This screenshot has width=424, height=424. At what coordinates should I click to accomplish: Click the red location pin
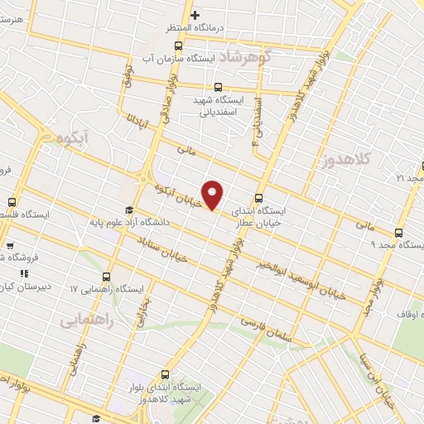(213, 195)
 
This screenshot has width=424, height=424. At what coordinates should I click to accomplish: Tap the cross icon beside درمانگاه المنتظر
(195, 15)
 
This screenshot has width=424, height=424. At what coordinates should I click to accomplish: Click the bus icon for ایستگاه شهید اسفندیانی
(218, 87)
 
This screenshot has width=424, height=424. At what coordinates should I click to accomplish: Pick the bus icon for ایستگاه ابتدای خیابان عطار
(260, 198)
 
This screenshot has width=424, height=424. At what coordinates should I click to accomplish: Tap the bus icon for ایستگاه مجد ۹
(399, 233)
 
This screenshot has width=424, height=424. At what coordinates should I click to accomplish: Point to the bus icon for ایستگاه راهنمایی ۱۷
(107, 277)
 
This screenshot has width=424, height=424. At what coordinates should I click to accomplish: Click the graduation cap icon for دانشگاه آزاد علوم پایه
(128, 210)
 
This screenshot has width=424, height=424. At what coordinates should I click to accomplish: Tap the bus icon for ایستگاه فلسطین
(12, 201)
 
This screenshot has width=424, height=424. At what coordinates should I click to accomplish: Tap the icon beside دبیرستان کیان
(25, 272)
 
